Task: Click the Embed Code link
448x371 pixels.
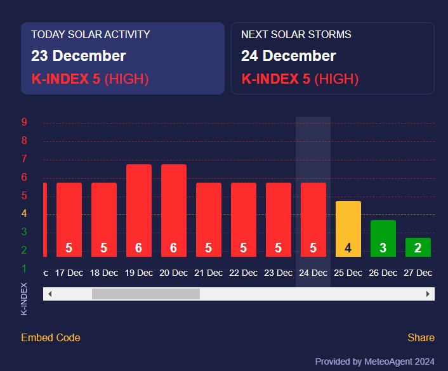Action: (x=51, y=337)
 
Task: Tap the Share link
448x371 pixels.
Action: (x=421, y=337)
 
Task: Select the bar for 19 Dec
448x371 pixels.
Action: (x=139, y=211)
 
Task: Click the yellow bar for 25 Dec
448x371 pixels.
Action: (x=348, y=229)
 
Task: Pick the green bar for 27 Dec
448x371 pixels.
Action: (x=418, y=247)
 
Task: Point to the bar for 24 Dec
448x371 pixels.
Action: (x=313, y=219)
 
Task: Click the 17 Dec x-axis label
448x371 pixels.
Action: (x=69, y=273)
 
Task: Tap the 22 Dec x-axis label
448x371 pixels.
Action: (x=243, y=273)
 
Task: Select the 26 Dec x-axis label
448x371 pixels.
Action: (x=383, y=273)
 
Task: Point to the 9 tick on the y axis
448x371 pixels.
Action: (x=24, y=122)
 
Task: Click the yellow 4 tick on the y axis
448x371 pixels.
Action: (x=24, y=214)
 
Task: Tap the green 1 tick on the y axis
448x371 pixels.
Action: (x=24, y=268)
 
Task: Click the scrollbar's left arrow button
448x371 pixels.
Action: (x=49, y=294)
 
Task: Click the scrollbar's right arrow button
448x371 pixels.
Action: (x=428, y=294)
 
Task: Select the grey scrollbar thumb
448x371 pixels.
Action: (x=146, y=294)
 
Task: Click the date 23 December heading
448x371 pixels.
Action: (x=79, y=56)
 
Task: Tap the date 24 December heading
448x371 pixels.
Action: (x=289, y=56)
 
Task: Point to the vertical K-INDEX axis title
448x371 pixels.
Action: (x=24, y=299)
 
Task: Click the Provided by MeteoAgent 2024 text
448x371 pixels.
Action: (x=374, y=361)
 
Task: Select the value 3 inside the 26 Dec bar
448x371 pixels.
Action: (x=383, y=248)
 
